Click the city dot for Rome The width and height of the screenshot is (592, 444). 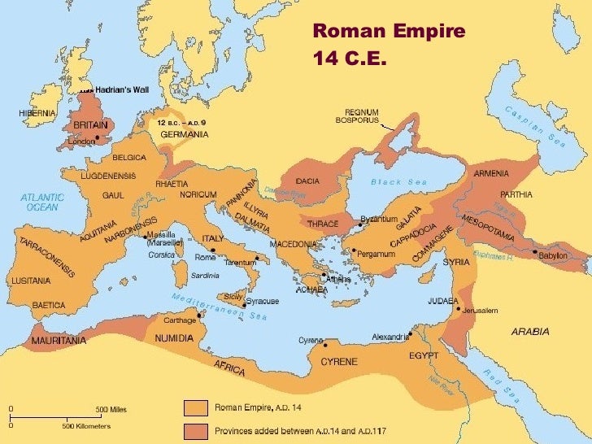click(212, 250)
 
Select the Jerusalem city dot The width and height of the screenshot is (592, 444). click(459, 309)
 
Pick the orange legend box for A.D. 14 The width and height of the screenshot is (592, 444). click(195, 407)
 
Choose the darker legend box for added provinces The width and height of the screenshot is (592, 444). click(195, 429)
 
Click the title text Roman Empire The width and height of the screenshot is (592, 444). click(389, 32)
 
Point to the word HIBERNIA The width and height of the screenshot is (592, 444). click(37, 113)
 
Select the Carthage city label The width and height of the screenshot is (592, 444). click(180, 320)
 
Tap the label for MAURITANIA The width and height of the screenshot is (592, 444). click(59, 341)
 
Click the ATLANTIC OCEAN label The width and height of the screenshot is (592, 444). click(42, 202)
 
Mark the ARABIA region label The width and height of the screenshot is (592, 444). click(529, 331)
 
